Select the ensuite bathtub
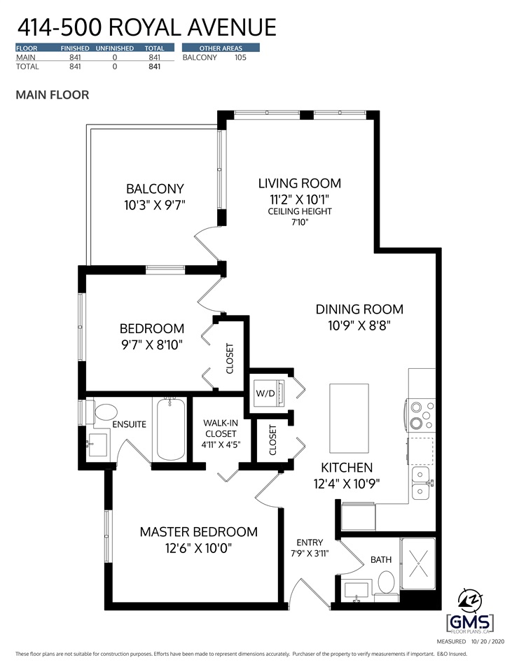170,428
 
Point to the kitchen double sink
420,483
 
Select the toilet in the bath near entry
386,583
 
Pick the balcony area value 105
240,57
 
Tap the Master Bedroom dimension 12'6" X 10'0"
198,548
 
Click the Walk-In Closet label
221,428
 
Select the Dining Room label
359,309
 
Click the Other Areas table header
221,48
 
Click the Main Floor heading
53,94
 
